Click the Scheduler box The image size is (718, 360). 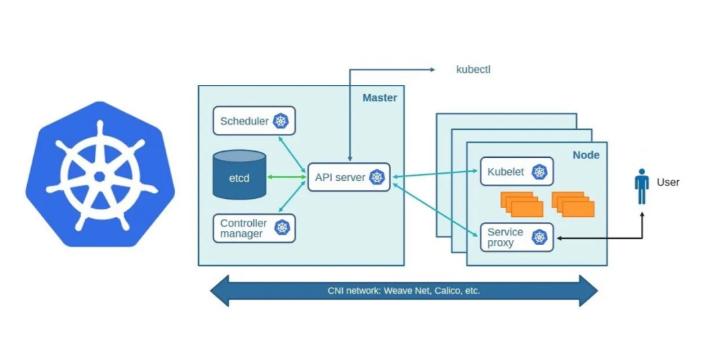coord(254,121)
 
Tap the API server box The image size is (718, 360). coord(349,177)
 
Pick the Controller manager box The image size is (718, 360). coord(254,228)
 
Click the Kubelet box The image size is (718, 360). coord(516,172)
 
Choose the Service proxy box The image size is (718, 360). coord(516,237)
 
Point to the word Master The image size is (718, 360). coord(379,98)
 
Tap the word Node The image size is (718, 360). coord(585,155)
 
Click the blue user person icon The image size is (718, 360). coord(641,186)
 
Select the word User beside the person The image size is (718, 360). coord(668,182)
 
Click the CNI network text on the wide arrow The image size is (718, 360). coord(404,291)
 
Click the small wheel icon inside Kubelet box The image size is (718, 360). coord(540,172)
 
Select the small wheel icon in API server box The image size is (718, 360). coord(377,177)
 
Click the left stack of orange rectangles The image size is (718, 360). coord(522,204)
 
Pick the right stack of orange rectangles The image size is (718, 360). coord(573,204)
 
